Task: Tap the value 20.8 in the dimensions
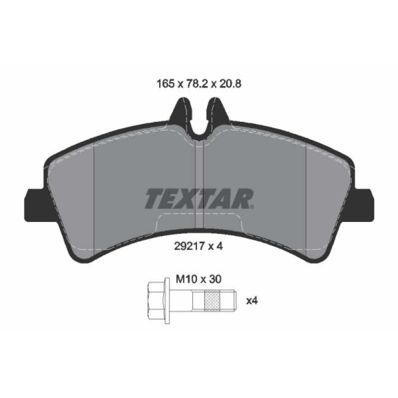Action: click(x=230, y=84)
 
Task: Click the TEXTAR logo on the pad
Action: click(x=199, y=199)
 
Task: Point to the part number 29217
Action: click(x=190, y=246)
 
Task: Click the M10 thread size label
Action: click(x=187, y=280)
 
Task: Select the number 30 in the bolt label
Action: click(x=215, y=280)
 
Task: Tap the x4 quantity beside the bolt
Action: click(x=252, y=301)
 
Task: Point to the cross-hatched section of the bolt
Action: click(x=212, y=301)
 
